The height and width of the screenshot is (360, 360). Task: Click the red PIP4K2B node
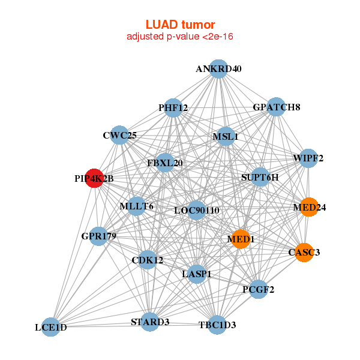[x=94, y=178]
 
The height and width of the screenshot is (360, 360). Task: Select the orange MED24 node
[x=309, y=207]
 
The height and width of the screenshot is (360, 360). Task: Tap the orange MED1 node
[x=241, y=239]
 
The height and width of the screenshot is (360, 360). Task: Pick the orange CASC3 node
[x=305, y=252]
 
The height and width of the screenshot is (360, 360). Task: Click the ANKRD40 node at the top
[x=219, y=69]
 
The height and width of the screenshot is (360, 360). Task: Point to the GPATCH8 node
[x=276, y=107]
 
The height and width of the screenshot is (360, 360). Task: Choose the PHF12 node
[x=173, y=108]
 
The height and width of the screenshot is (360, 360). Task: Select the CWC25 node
[x=120, y=135]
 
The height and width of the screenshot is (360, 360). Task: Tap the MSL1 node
[x=226, y=137]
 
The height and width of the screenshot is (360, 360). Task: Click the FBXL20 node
[x=165, y=163]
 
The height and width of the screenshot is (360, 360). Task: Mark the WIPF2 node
[x=308, y=158]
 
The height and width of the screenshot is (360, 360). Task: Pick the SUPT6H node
[x=260, y=178]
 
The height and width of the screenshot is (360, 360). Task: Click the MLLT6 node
[x=137, y=206]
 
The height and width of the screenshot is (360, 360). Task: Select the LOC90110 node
[x=197, y=211]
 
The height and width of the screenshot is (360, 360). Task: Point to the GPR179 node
[x=99, y=236]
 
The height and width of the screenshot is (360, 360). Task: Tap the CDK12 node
[x=148, y=260]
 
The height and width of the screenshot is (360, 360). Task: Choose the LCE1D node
[x=51, y=327]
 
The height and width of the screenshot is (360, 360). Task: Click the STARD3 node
[x=150, y=322]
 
